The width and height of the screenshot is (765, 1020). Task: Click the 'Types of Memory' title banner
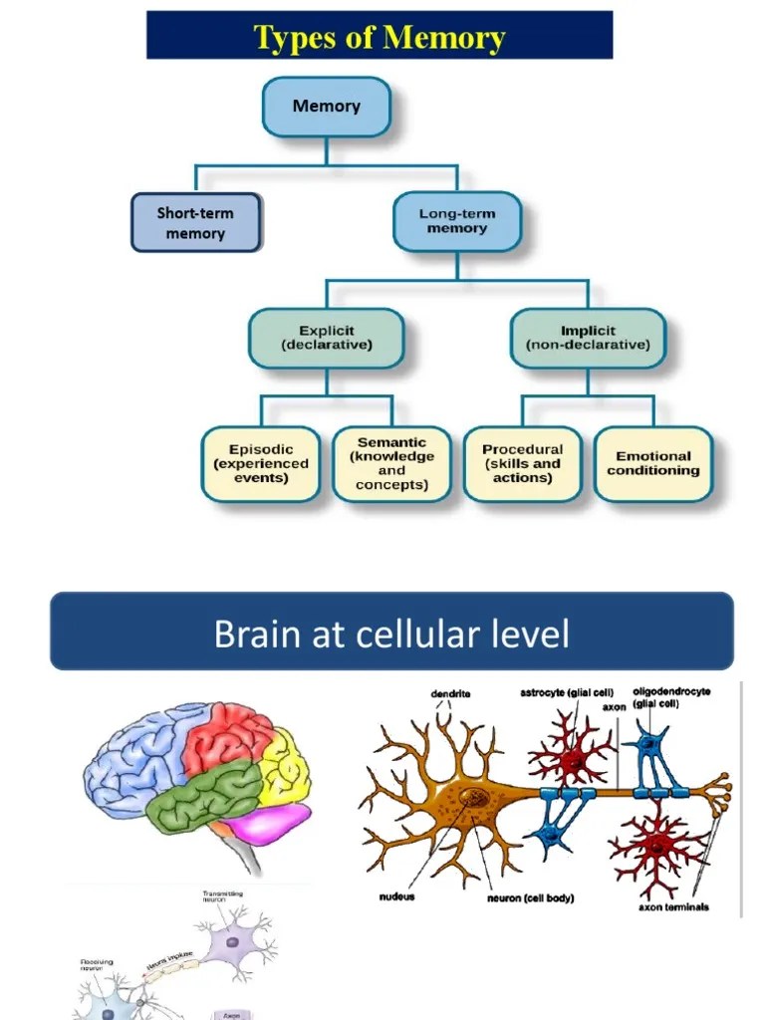point(380,37)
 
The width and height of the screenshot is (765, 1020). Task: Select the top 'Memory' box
point(326,107)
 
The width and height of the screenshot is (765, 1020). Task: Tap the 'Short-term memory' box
point(195,222)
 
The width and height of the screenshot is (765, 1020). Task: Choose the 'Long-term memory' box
point(456,221)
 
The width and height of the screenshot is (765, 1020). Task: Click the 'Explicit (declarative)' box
point(326,338)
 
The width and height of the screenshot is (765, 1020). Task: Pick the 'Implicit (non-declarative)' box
point(588,338)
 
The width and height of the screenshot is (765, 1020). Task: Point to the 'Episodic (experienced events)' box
point(261,463)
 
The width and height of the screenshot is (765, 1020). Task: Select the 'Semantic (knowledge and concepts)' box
point(391,463)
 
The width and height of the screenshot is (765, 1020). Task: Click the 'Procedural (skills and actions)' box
point(522,463)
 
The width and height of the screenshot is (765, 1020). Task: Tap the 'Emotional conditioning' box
point(653,463)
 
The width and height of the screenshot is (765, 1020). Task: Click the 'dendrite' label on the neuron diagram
point(450,693)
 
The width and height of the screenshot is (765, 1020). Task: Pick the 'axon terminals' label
point(673,907)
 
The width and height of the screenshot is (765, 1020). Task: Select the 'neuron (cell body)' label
point(530,897)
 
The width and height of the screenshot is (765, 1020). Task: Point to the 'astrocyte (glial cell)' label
point(567,692)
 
